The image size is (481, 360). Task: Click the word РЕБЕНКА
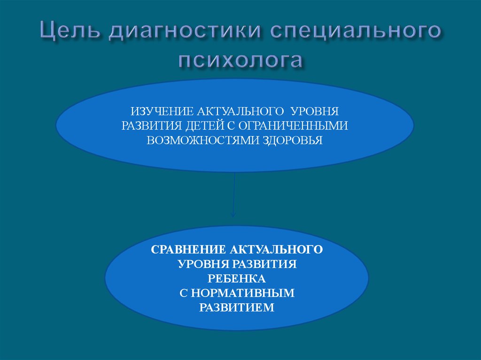(x=237, y=278)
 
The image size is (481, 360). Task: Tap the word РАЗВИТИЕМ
(x=237, y=308)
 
